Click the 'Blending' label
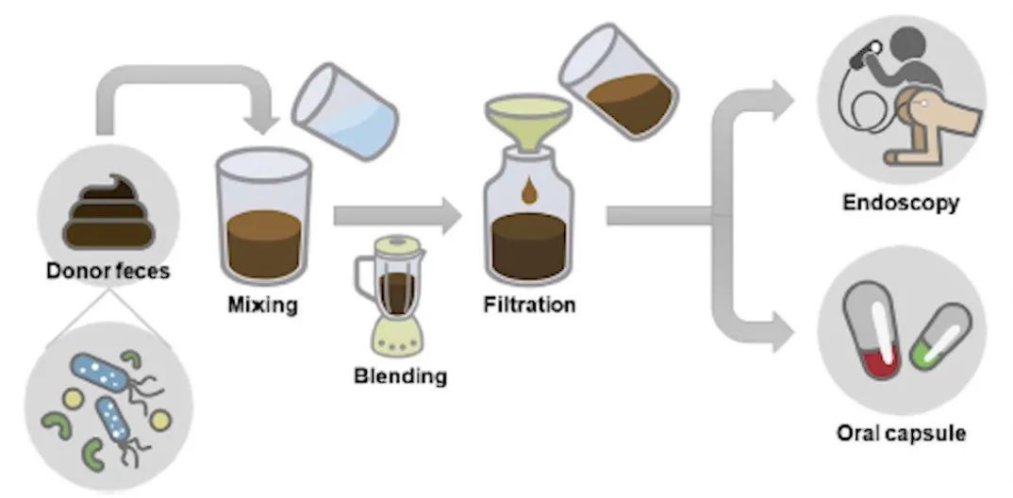click(400, 376)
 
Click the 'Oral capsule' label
click(902, 434)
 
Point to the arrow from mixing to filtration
click(396, 216)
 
